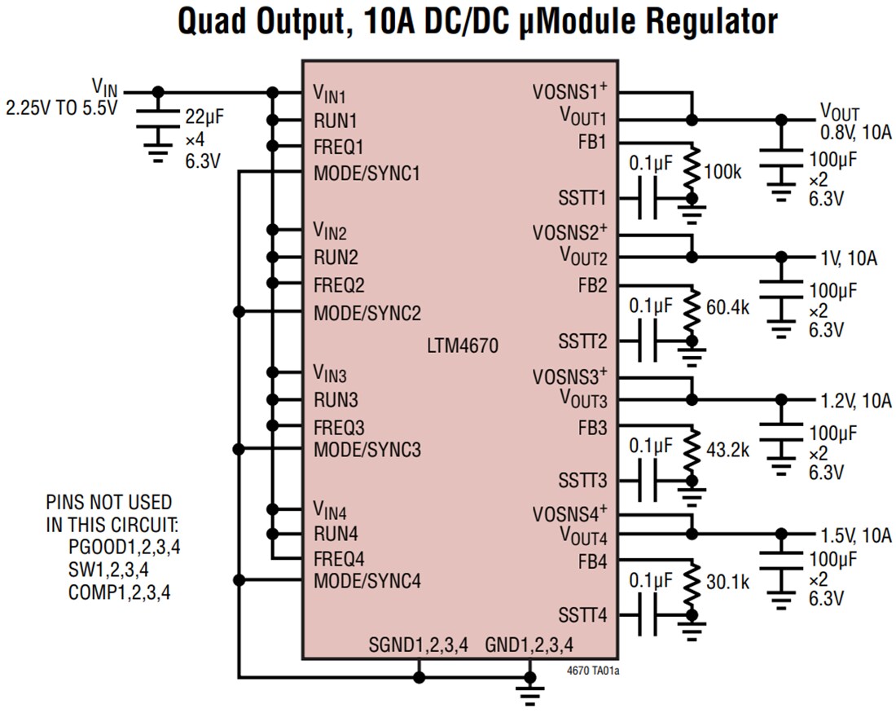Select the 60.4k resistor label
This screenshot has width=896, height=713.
[727, 310]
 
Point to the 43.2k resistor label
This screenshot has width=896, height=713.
[727, 449]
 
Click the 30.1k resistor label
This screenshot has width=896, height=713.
[727, 583]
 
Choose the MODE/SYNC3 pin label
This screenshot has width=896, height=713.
[367, 449]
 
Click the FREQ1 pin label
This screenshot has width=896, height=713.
[339, 147]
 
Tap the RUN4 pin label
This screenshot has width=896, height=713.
[336, 535]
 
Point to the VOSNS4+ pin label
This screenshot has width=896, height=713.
[570, 514]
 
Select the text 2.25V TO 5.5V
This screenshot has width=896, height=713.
[61, 107]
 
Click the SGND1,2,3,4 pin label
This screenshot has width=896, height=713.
[419, 645]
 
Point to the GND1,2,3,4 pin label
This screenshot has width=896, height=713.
[529, 645]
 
